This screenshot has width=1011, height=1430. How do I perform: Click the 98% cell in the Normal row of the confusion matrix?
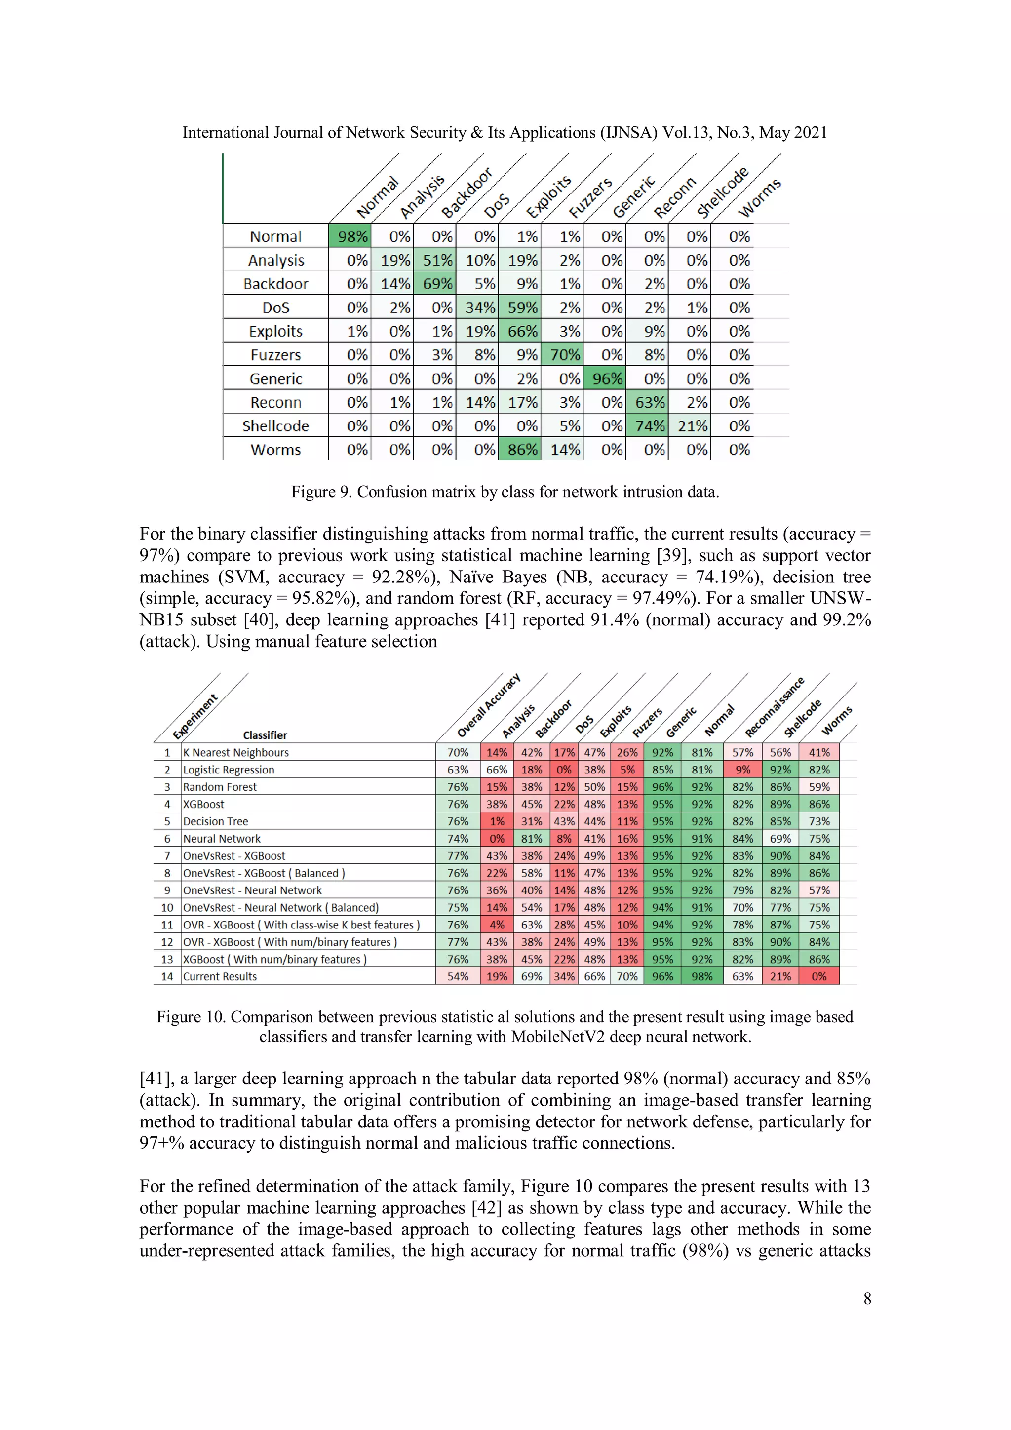[x=352, y=236]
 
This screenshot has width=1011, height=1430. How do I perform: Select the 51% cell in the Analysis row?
[x=437, y=260]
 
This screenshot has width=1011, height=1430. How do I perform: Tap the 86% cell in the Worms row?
[x=522, y=450]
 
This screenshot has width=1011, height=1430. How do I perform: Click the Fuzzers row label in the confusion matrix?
[x=275, y=355]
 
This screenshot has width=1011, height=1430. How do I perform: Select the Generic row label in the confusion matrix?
[x=275, y=379]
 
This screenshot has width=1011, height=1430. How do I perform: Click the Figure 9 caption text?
[x=505, y=492]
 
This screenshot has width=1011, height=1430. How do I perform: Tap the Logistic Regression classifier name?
[x=229, y=770]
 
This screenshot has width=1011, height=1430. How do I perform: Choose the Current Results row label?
[x=220, y=976]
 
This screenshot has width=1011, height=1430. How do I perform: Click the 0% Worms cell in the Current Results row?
[x=818, y=976]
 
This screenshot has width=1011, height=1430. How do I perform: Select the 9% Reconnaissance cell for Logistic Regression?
[x=742, y=770]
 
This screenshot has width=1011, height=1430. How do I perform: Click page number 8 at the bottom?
[x=866, y=1299]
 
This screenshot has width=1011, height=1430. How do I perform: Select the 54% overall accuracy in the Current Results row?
[x=457, y=976]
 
